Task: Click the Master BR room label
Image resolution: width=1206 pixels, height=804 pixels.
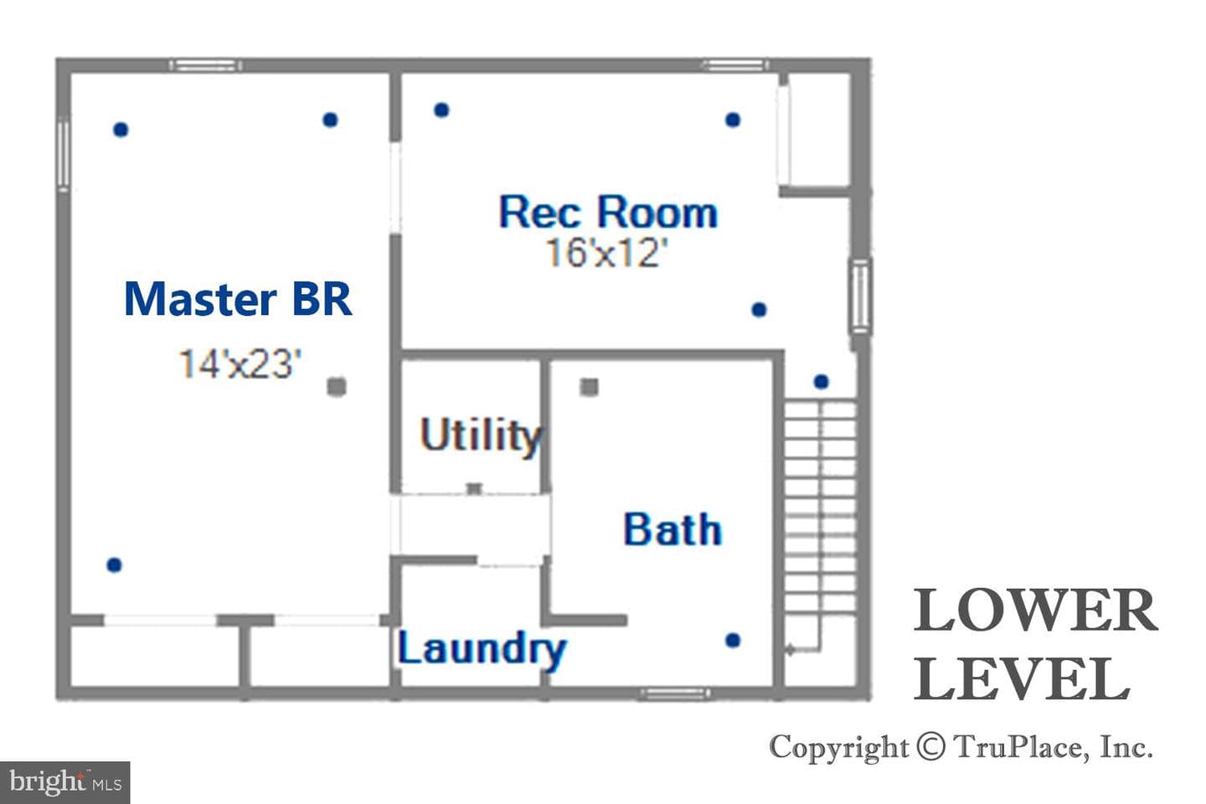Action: pyautogui.click(x=238, y=299)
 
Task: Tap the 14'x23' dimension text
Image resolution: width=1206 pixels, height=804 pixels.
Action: pyautogui.click(x=240, y=364)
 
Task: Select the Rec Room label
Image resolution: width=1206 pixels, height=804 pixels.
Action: pyautogui.click(x=608, y=212)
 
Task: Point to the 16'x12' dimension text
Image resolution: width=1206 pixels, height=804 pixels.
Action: pyautogui.click(x=606, y=253)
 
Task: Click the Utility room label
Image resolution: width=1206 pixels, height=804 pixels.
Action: pyautogui.click(x=482, y=435)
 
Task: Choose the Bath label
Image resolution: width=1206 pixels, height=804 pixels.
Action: pyautogui.click(x=673, y=529)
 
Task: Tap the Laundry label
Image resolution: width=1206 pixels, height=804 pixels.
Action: pyautogui.click(x=482, y=650)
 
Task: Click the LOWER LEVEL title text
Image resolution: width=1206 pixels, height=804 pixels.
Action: pyautogui.click(x=1035, y=645)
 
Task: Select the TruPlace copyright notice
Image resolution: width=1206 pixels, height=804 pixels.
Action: pyautogui.click(x=961, y=747)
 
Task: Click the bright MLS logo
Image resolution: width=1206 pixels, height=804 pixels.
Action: pyautogui.click(x=64, y=782)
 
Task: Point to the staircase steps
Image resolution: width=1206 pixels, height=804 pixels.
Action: pyautogui.click(x=820, y=506)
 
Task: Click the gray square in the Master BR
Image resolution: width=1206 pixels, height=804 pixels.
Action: pyautogui.click(x=337, y=387)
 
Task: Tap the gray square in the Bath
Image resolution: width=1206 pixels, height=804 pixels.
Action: pyautogui.click(x=589, y=387)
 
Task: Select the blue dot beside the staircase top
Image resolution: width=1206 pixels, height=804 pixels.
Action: pyautogui.click(x=821, y=382)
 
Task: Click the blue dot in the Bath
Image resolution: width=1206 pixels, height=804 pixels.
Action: pyautogui.click(x=733, y=641)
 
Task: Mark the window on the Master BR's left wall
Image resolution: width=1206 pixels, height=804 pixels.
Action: pyautogui.click(x=64, y=154)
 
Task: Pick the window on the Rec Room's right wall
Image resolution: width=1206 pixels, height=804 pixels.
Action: pyautogui.click(x=860, y=296)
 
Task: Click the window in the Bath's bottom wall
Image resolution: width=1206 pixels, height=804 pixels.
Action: pyautogui.click(x=675, y=693)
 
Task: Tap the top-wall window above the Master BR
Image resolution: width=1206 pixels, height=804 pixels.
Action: pyautogui.click(x=205, y=65)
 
